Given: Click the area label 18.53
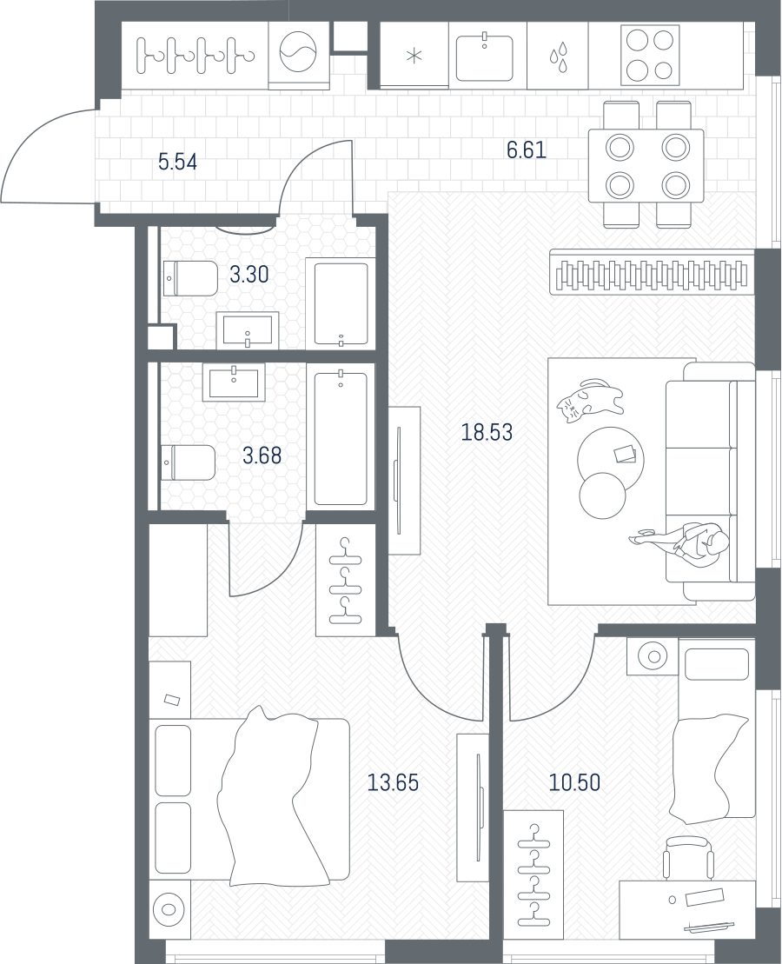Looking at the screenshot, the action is click(x=487, y=432).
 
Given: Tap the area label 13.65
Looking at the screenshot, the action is click(x=392, y=782).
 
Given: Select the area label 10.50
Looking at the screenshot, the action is click(x=574, y=782).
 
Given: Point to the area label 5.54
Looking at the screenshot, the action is click(x=177, y=163).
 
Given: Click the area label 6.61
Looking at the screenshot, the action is click(x=527, y=150).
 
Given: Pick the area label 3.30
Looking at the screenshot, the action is click(x=249, y=274).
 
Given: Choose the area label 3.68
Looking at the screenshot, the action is click(x=262, y=455).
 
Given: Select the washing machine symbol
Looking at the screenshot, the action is click(x=299, y=53).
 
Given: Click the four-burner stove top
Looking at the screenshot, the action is click(x=651, y=55).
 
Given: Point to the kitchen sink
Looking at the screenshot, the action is click(x=485, y=57).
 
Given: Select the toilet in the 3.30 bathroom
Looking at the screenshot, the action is click(x=190, y=278).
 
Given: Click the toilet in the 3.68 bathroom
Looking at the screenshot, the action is click(x=188, y=463).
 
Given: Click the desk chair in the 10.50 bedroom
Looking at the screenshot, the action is click(x=688, y=858).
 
